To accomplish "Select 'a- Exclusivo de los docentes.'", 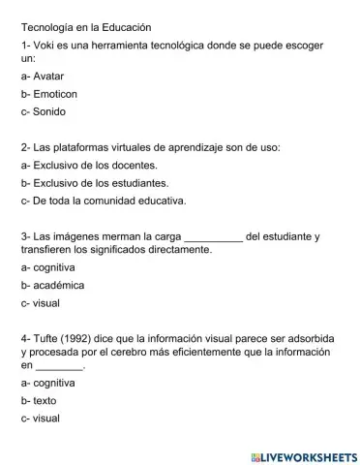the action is pos(95,167).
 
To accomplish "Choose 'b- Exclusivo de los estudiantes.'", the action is pos(101,184).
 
